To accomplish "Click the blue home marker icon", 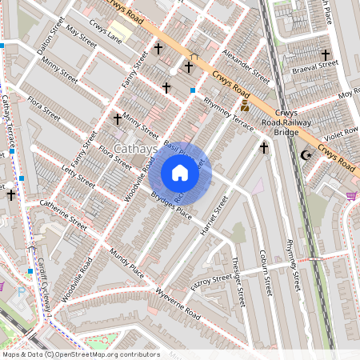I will [180, 173].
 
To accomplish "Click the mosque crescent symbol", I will [304, 154].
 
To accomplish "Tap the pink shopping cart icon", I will [351, 195].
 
